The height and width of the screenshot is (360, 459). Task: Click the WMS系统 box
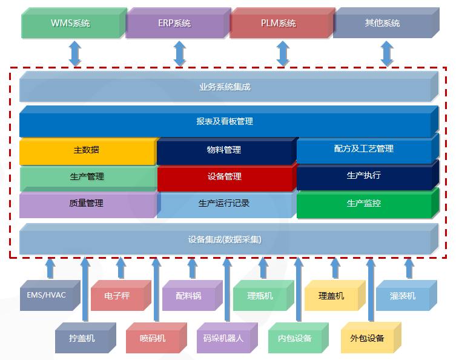(70, 24)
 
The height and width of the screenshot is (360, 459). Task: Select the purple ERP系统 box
(174, 24)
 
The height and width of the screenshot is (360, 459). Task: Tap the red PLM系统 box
(279, 24)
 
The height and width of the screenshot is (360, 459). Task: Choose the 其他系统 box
(383, 24)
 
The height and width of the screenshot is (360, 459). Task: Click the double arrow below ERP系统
(180, 53)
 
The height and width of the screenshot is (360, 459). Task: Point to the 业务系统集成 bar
(225, 87)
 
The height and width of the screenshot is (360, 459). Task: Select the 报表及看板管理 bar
(225, 122)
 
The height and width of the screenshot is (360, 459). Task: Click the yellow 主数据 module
(87, 150)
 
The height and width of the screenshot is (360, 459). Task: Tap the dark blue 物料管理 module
(224, 150)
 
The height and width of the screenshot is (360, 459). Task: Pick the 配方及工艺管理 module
(363, 149)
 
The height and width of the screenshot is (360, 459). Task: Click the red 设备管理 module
(224, 177)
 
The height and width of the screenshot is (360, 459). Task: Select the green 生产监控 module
(363, 204)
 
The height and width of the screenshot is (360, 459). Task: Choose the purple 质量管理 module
(87, 204)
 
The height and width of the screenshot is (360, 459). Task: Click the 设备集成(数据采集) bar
(225, 239)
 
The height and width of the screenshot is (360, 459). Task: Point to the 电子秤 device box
(117, 296)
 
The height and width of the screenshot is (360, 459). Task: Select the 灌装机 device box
(403, 296)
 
